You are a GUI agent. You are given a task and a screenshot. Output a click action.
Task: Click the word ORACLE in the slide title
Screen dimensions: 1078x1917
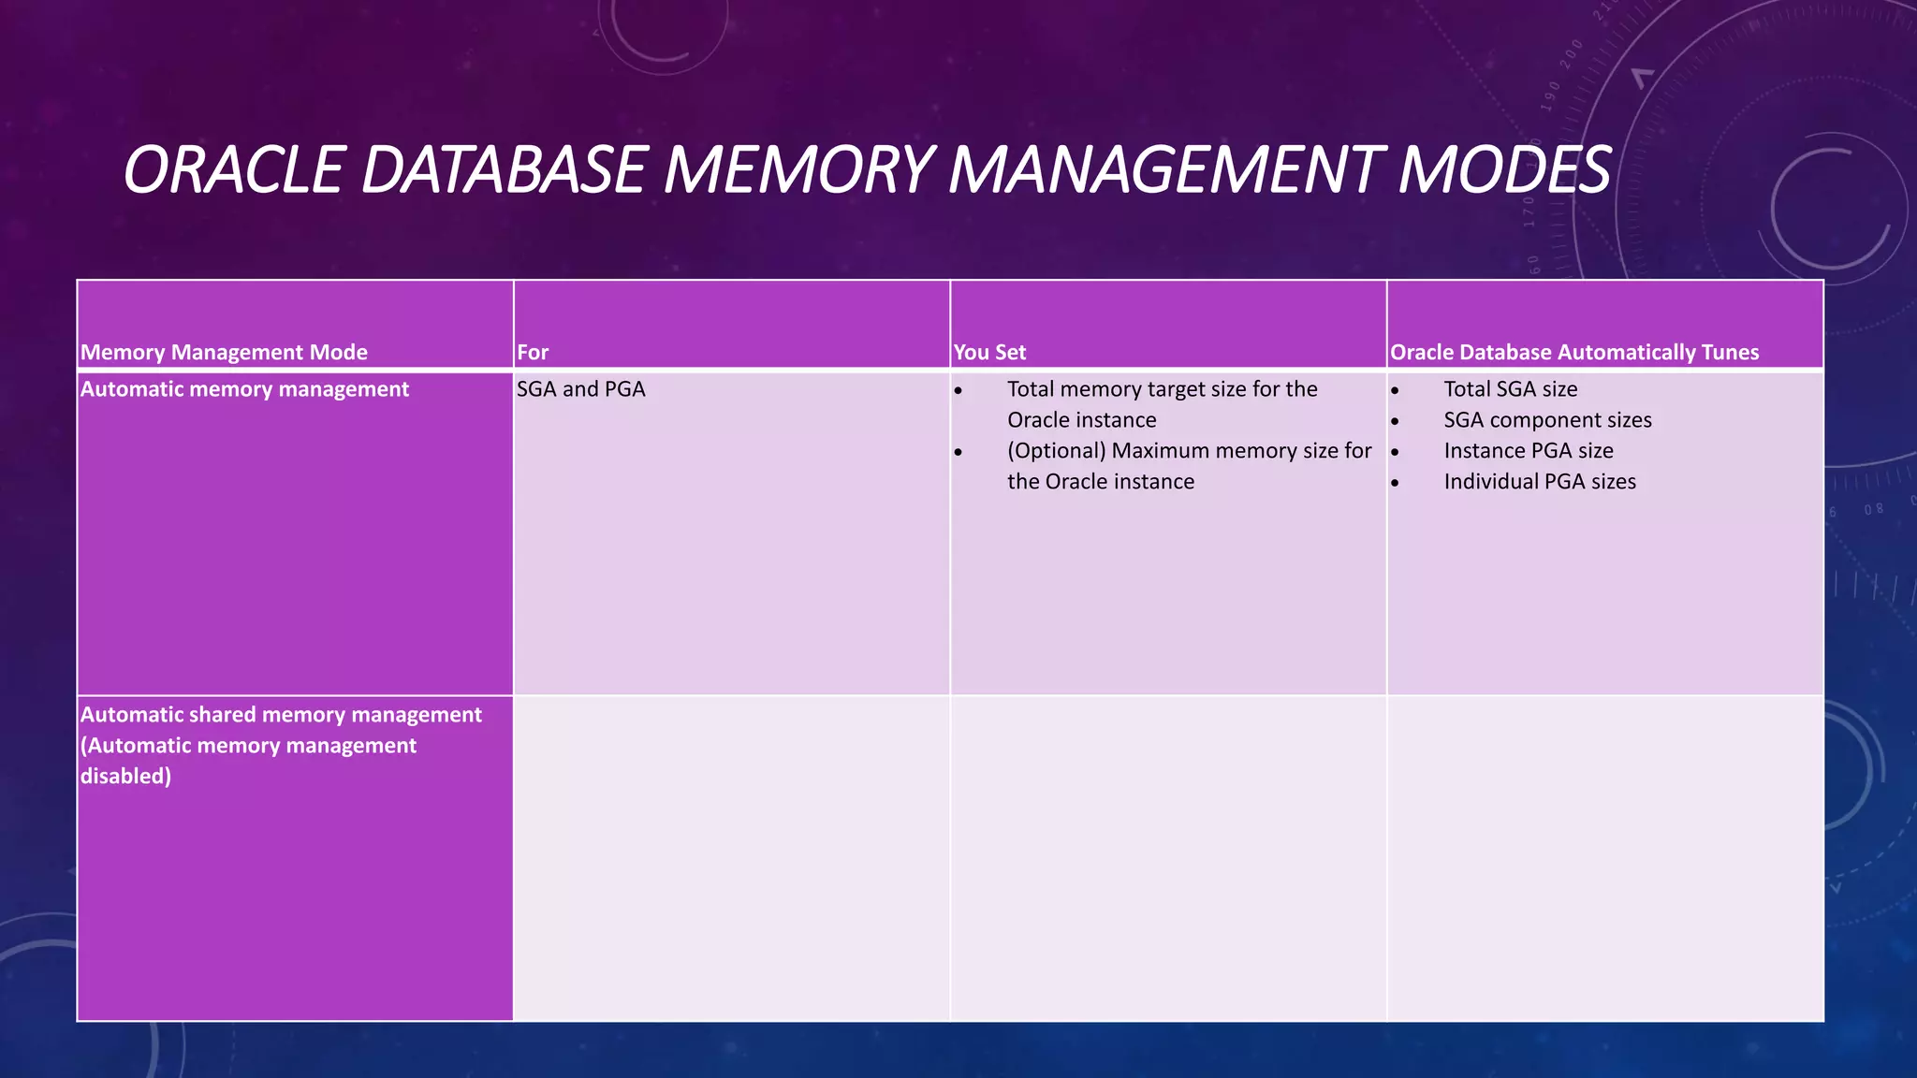(x=233, y=170)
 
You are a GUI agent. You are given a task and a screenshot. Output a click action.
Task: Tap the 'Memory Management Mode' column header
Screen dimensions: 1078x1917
(x=224, y=353)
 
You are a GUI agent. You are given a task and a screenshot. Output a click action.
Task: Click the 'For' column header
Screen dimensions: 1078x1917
(x=533, y=353)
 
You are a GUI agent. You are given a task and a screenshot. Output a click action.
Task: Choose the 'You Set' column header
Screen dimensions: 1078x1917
(x=989, y=353)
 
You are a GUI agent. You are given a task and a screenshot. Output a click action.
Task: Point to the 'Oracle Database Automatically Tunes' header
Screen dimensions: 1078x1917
(x=1574, y=353)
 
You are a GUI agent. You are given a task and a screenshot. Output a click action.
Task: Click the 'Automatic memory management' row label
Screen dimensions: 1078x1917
(x=244, y=389)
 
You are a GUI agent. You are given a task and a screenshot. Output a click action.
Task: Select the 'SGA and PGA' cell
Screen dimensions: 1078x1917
(x=581, y=389)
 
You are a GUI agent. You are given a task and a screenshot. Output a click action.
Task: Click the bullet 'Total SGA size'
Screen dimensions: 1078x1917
(x=1510, y=389)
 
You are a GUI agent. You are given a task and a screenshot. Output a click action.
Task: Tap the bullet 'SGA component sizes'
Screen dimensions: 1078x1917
(x=1547, y=420)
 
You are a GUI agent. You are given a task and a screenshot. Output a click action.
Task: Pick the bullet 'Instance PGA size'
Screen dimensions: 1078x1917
(x=1529, y=451)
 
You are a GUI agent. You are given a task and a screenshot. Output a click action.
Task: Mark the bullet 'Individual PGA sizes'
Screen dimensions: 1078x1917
(x=1540, y=482)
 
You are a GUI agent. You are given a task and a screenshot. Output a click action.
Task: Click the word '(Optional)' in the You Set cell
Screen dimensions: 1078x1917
(x=1057, y=451)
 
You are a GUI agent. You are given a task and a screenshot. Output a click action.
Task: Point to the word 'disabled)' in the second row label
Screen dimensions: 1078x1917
(x=125, y=777)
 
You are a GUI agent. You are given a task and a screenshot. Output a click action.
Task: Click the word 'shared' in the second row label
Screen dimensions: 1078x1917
(x=221, y=715)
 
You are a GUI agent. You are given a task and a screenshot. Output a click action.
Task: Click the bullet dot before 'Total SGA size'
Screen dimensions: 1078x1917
(x=1395, y=391)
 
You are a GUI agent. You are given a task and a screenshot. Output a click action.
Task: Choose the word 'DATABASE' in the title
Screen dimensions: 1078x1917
(x=503, y=170)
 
